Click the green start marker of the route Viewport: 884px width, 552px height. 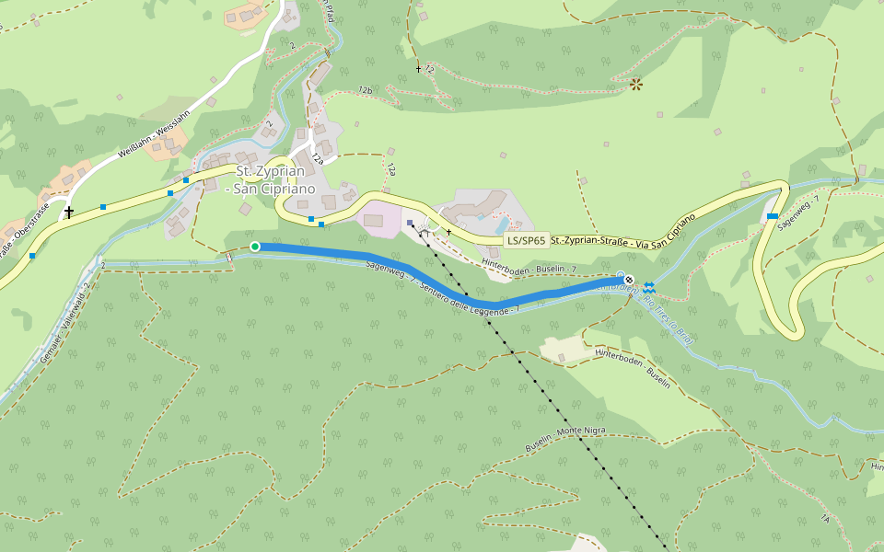tap(255, 247)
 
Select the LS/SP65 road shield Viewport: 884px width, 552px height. tap(527, 242)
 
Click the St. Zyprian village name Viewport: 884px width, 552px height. tap(270, 171)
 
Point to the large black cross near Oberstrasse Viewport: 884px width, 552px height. tap(68, 213)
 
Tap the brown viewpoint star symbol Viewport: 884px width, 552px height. tap(635, 86)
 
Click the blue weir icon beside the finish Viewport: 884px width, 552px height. tap(650, 286)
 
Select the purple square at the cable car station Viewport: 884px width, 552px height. tap(410, 223)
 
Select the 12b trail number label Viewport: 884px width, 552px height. tap(366, 90)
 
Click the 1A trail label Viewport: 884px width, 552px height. tap(825, 520)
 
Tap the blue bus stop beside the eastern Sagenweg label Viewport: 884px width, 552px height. tap(773, 216)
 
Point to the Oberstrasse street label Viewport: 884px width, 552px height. tap(18, 238)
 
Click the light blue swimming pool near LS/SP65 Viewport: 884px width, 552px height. tap(502, 224)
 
